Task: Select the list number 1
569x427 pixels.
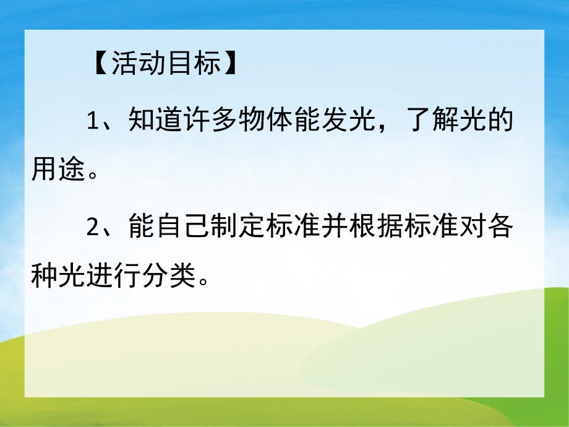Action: click(x=93, y=119)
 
